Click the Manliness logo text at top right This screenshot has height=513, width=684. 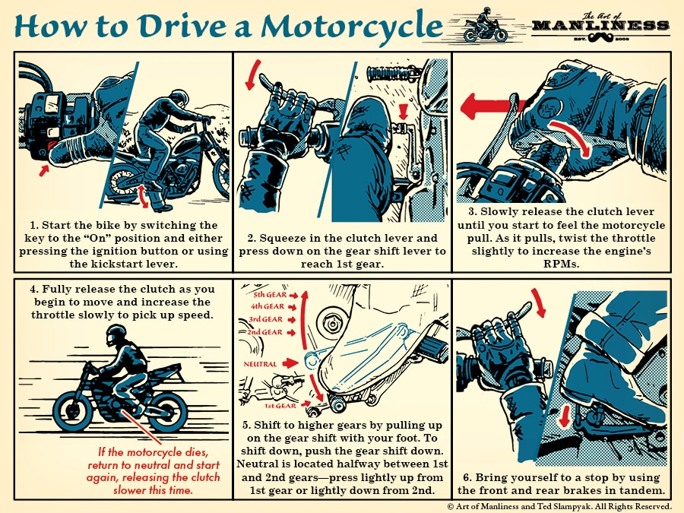(x=600, y=25)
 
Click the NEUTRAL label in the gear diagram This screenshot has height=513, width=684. (x=260, y=365)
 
